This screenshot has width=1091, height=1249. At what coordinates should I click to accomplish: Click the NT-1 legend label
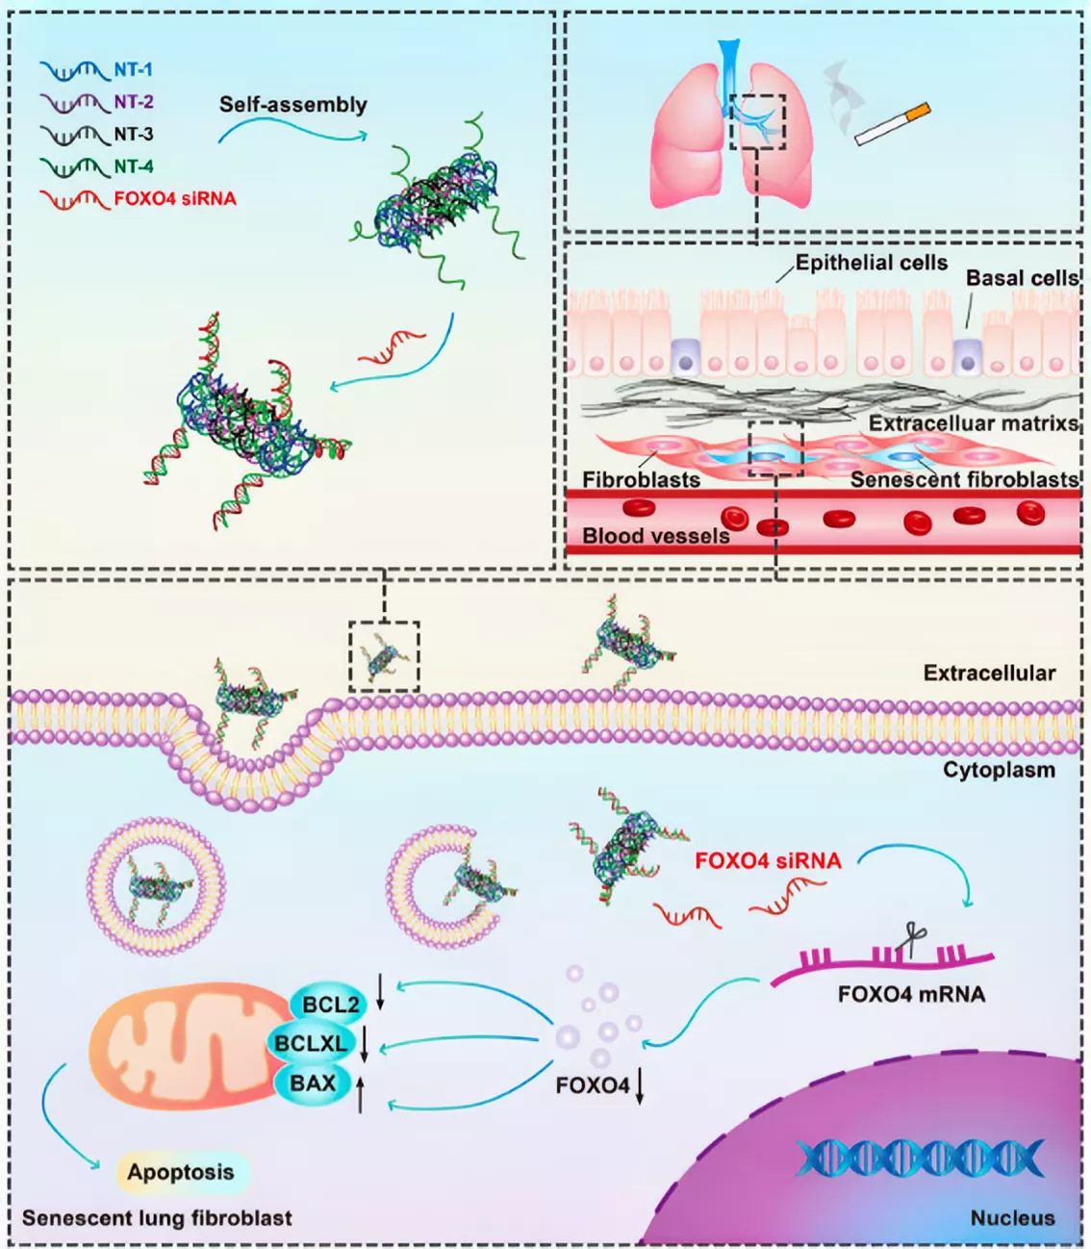[133, 69]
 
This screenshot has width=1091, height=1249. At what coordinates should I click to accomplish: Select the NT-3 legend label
[134, 134]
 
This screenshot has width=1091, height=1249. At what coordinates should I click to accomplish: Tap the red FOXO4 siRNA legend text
[175, 198]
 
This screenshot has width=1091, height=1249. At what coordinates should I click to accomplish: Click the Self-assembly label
[292, 104]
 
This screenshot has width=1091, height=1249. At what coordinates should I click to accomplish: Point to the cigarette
[892, 124]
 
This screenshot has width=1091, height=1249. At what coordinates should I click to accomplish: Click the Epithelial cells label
[872, 263]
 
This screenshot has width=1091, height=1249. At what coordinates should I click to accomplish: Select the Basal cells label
[1022, 278]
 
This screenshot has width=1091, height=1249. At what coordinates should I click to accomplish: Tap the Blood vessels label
[656, 535]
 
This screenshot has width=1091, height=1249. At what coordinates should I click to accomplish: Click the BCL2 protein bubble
[329, 1005]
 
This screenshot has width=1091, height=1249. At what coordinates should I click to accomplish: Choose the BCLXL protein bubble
[311, 1044]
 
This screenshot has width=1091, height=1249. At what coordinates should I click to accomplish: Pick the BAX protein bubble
[313, 1083]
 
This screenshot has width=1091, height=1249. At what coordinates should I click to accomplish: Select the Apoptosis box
[181, 1172]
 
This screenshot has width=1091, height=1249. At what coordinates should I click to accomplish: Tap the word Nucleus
[1012, 1218]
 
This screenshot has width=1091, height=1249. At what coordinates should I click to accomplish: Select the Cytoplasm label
[999, 770]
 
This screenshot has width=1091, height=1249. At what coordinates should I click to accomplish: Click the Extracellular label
[989, 673]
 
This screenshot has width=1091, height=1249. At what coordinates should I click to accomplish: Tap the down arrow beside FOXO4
[640, 1087]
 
